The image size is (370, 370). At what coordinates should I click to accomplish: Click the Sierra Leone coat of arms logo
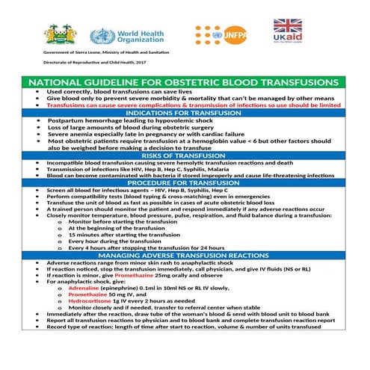59,34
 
